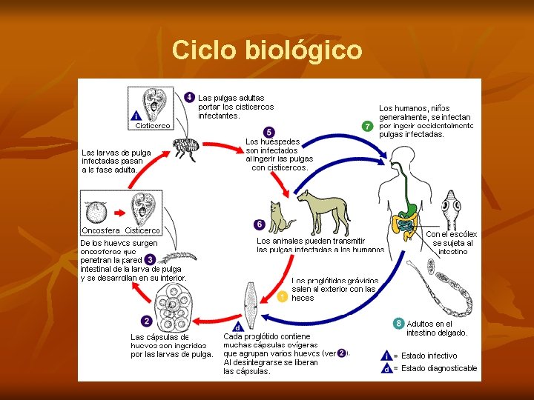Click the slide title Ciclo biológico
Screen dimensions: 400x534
(267, 50)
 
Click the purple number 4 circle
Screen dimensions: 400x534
(190, 98)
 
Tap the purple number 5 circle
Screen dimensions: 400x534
(268, 132)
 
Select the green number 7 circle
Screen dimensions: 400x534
(367, 126)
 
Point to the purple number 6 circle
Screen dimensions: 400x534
(259, 224)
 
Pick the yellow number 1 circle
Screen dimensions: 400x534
(282, 297)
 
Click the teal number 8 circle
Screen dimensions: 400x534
(399, 324)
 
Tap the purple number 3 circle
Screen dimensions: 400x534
(150, 260)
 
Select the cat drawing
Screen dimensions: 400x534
(281, 217)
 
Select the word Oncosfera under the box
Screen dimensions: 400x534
(100, 230)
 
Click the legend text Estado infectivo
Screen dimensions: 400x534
(429, 356)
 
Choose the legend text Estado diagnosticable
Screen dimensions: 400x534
(439, 368)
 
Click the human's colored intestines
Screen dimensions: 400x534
(405, 222)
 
